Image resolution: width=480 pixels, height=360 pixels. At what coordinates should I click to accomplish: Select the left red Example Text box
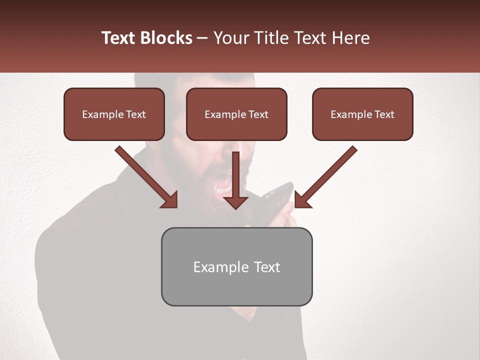[114, 114]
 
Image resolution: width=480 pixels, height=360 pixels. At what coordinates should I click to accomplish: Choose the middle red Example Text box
[236, 114]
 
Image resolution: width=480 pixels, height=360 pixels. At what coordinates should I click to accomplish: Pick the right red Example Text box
[362, 114]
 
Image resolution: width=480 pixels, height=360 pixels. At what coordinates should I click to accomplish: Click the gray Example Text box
[236, 266]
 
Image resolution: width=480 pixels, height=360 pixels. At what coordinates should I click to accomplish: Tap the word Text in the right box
[384, 114]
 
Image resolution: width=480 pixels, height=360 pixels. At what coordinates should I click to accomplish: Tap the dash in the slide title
[202, 38]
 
